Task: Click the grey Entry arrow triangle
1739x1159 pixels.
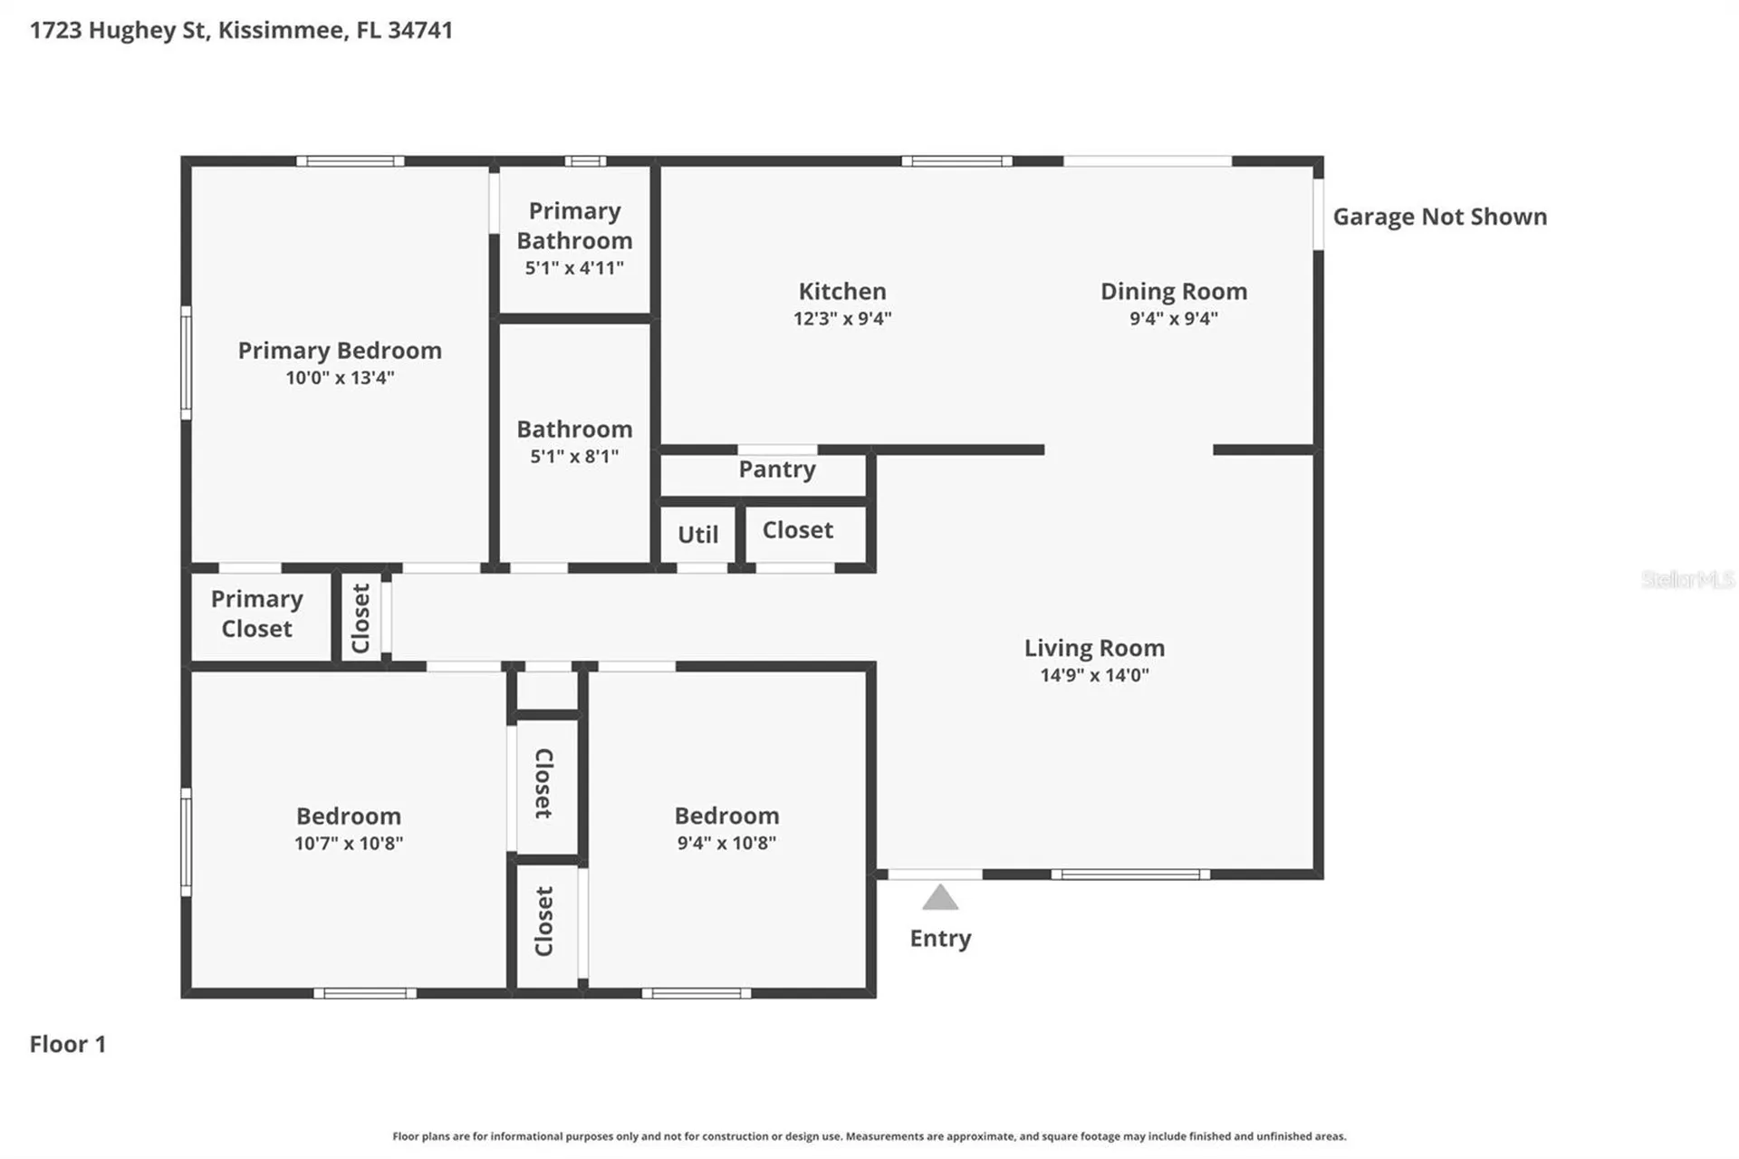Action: click(x=940, y=897)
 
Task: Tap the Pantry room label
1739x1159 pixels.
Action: click(x=777, y=469)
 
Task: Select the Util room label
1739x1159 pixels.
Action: click(x=697, y=535)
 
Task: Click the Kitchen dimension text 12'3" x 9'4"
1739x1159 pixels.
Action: click(x=842, y=318)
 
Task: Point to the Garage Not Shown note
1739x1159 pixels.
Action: click(x=1440, y=217)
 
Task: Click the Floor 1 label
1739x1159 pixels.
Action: click(x=68, y=1044)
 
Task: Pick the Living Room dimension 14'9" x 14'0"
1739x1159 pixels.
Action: click(x=1094, y=675)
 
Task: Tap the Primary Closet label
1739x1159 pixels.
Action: click(x=257, y=613)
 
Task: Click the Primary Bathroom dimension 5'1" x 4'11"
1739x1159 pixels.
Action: click(x=574, y=268)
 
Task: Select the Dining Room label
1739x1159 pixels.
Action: click(x=1174, y=291)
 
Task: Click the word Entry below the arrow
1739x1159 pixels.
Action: click(x=940, y=939)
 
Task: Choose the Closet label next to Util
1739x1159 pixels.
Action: click(x=797, y=530)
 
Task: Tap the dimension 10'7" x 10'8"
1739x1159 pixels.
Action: click(x=349, y=844)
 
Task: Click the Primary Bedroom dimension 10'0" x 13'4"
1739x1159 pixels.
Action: click(x=340, y=378)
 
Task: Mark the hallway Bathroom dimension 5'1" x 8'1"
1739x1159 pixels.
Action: click(x=574, y=457)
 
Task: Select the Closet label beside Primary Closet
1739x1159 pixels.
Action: click(x=360, y=618)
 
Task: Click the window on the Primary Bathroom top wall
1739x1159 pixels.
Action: click(x=585, y=161)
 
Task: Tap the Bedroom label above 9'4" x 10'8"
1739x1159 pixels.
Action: click(x=726, y=816)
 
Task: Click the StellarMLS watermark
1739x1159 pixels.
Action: click(x=1687, y=579)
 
